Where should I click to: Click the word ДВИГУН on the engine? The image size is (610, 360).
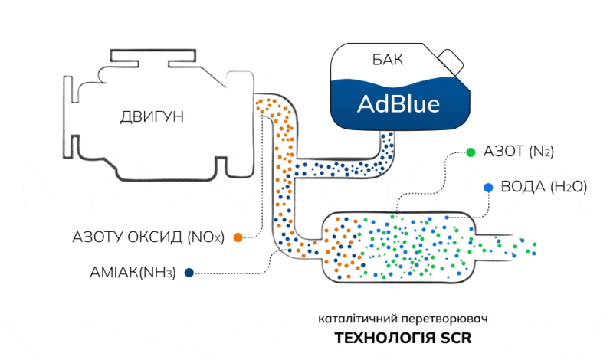coord(152,116)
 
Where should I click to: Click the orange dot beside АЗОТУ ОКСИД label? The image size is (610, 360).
coord(238,237)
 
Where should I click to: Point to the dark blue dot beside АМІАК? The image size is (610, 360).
coord(189,271)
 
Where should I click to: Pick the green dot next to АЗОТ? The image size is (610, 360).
coord(470,152)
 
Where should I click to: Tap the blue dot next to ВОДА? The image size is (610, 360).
coord(487,187)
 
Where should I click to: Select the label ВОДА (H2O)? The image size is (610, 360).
coord(543,187)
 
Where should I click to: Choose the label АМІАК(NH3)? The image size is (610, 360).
coord(132,271)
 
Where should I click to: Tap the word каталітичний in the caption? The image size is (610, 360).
coord(357,317)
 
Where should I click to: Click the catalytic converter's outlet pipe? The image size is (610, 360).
coord(506,243)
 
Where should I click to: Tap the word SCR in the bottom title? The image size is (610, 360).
coord(454,338)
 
